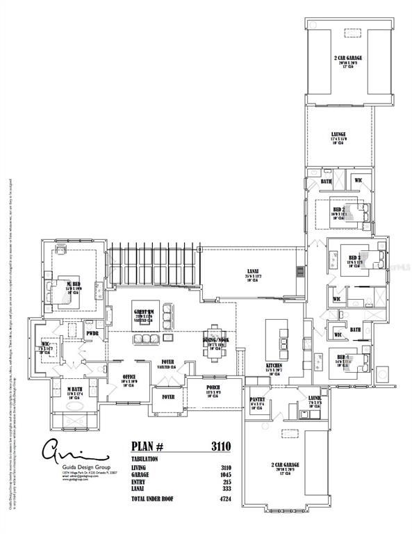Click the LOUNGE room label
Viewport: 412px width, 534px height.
pyautogui.click(x=338, y=133)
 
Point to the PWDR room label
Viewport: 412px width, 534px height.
pyautogui.click(x=92, y=333)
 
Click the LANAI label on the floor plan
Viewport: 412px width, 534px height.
pyautogui.click(x=254, y=272)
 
